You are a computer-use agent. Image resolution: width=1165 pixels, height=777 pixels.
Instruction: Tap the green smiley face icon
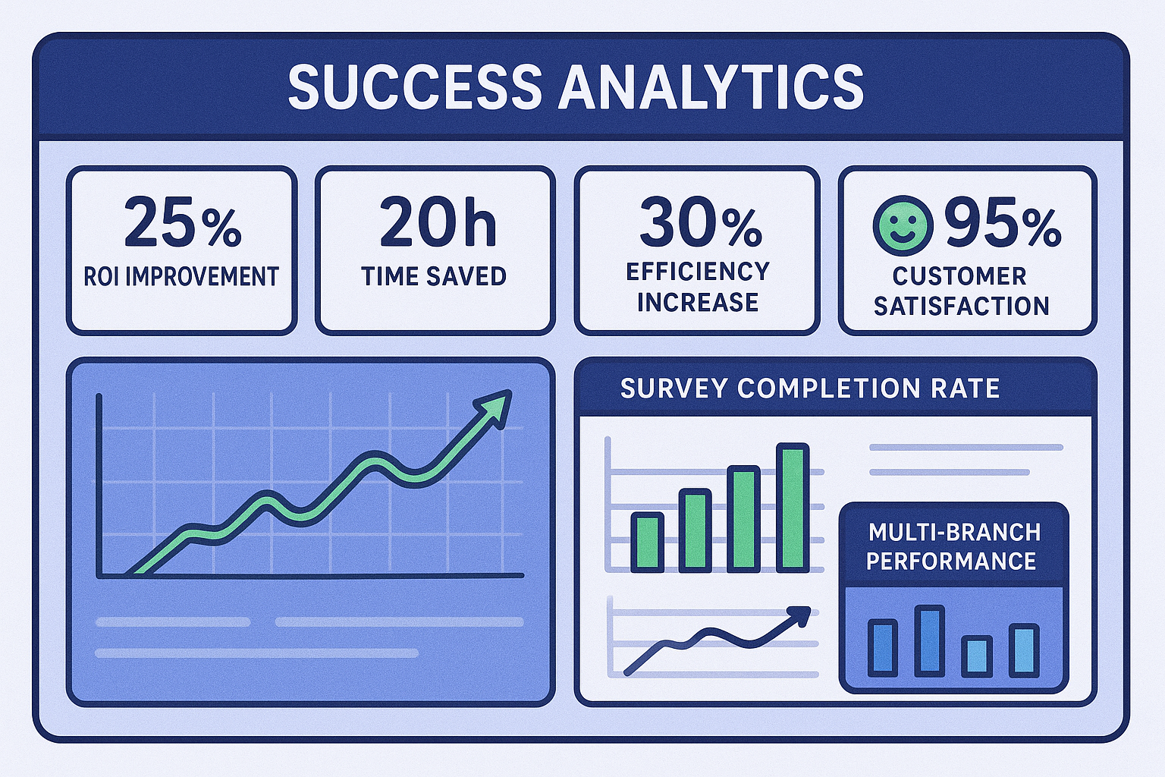[x=903, y=225]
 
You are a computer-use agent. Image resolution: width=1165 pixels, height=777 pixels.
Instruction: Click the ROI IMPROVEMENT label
[x=181, y=277]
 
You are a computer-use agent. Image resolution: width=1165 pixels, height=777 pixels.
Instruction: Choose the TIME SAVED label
[x=434, y=276]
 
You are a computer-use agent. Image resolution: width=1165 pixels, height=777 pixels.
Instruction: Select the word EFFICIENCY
[x=698, y=272]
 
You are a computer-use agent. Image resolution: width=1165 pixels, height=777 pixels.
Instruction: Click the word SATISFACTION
[x=962, y=306]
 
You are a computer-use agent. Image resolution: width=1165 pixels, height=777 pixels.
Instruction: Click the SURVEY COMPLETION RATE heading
[x=809, y=388]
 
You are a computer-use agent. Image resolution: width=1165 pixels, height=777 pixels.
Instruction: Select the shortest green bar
[x=647, y=542]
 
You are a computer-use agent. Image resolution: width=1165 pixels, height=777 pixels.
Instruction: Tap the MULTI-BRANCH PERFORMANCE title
[x=953, y=546]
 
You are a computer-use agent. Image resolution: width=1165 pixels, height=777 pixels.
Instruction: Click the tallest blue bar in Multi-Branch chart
[x=929, y=640]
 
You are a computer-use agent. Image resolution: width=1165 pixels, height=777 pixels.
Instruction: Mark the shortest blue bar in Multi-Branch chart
[x=976, y=656]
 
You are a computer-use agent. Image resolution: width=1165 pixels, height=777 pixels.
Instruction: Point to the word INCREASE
[x=698, y=302]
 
